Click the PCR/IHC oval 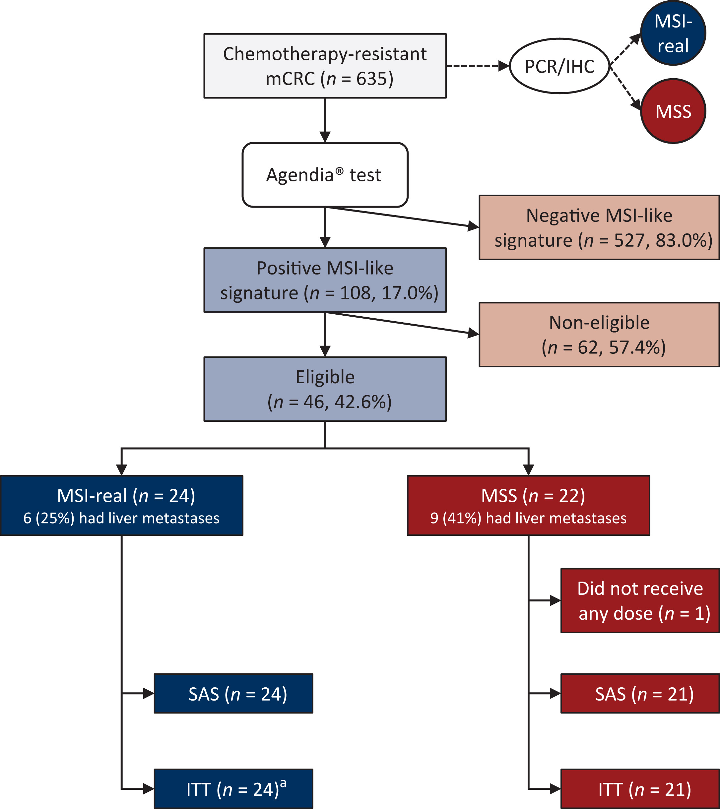559,66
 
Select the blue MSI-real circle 673,33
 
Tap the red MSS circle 673,111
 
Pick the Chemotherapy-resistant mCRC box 325,66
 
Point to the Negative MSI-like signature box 599,227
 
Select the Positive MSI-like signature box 325,280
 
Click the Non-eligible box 599,335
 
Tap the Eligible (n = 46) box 325,389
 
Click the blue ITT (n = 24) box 233,789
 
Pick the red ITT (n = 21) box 640,789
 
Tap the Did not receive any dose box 640,601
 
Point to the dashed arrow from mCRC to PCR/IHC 477,66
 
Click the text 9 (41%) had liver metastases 528,518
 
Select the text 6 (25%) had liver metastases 121,518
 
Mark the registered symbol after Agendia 339,171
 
